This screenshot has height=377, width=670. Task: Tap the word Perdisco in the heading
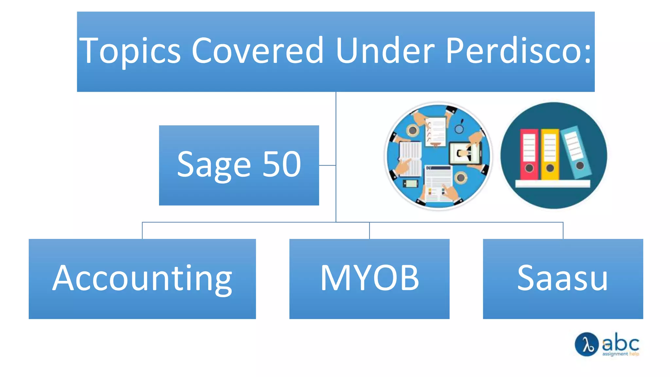518,51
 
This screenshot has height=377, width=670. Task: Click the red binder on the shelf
529,154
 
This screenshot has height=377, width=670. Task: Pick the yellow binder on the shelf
550,154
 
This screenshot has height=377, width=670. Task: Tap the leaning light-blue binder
576,152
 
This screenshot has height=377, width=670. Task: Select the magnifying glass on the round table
460,128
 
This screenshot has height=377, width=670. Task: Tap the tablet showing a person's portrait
465,153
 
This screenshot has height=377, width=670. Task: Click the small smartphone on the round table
410,184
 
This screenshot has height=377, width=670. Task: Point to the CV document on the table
438,183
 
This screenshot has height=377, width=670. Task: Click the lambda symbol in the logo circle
587,344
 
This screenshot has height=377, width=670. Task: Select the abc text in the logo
621,343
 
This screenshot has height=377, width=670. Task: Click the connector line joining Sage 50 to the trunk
327,165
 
